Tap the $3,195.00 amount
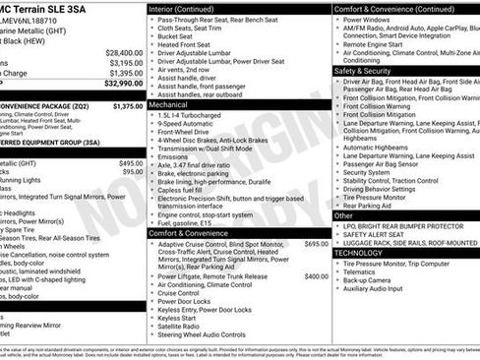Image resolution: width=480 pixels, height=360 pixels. (126, 63)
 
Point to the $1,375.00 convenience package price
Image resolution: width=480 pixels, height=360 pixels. (127, 105)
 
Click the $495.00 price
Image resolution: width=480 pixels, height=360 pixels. (131, 163)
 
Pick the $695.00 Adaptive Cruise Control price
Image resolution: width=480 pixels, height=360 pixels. (316, 243)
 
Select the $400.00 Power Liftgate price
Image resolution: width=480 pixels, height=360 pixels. (316, 276)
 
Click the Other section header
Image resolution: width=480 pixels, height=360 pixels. (343, 214)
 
